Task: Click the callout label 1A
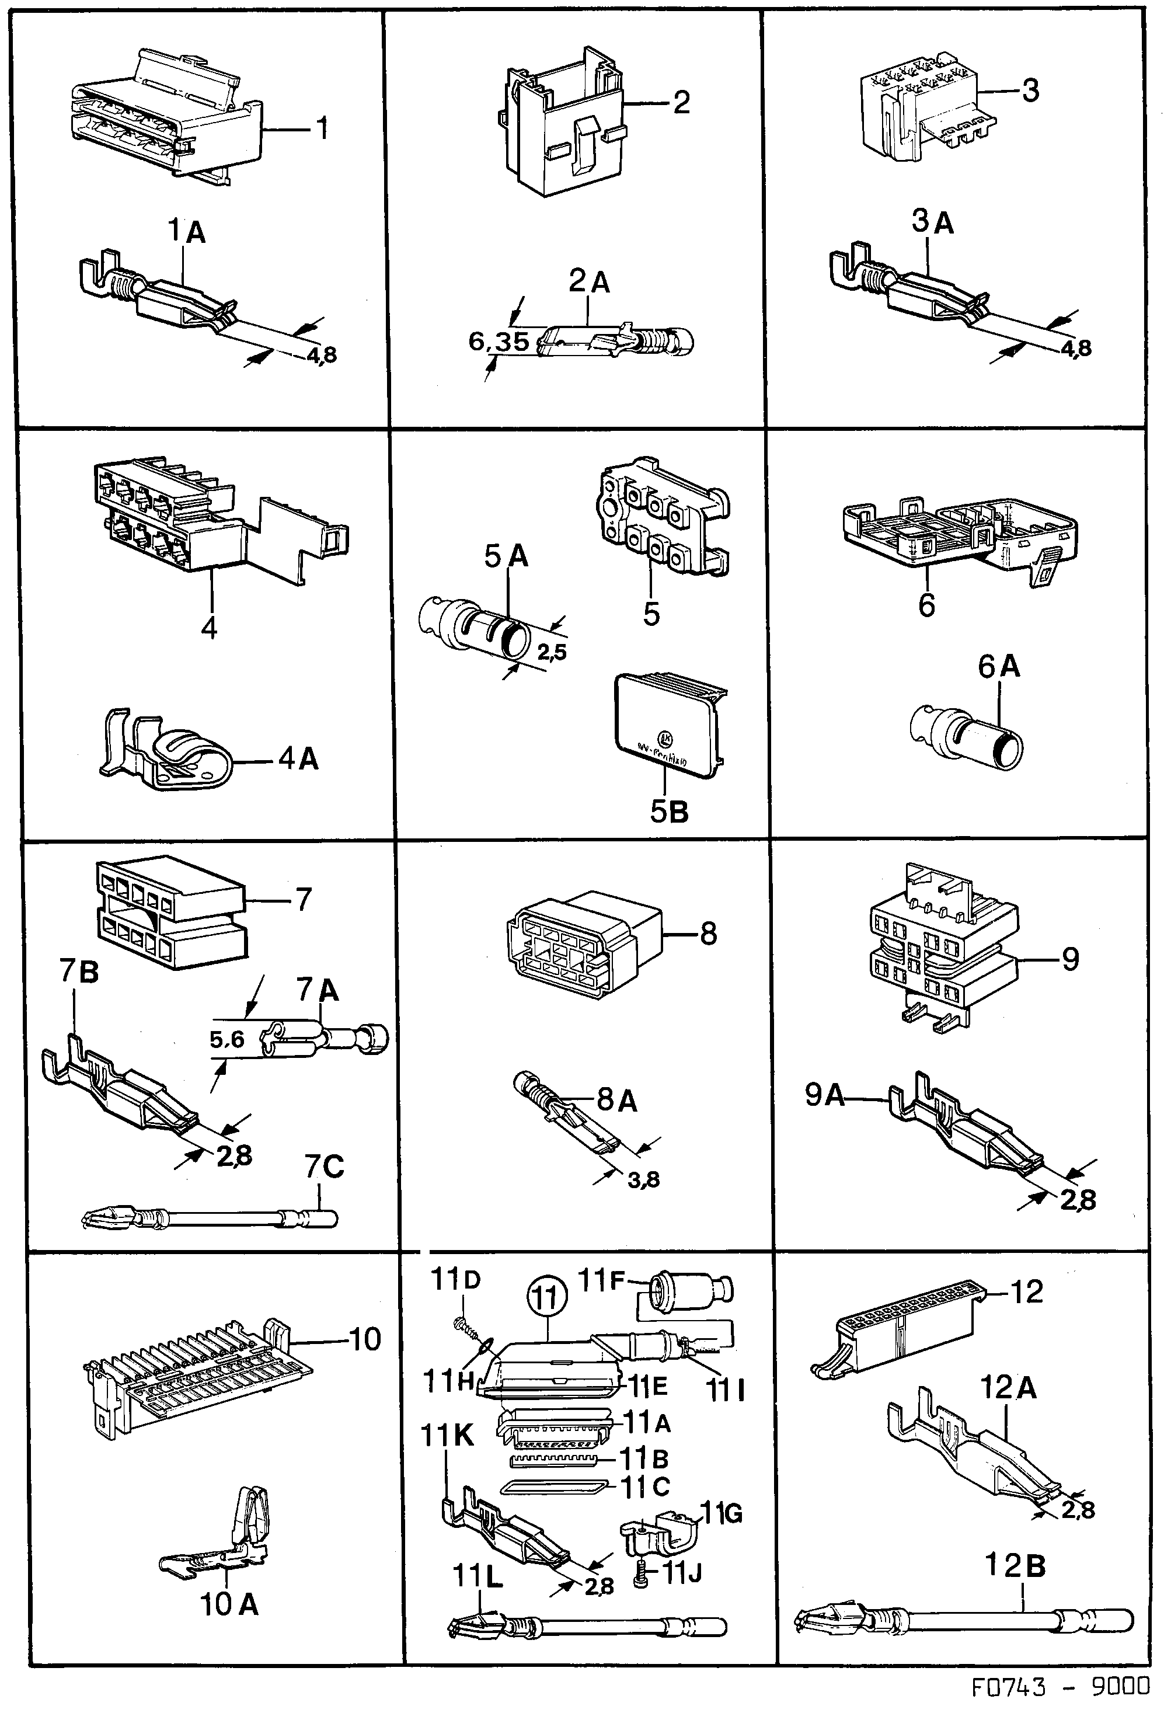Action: pos(186,232)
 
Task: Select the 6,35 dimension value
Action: pos(500,342)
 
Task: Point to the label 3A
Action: pos(932,222)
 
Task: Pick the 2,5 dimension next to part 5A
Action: pos(552,652)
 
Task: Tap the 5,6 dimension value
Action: pos(227,1039)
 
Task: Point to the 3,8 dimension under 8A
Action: pos(643,1180)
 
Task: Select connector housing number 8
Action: pos(583,943)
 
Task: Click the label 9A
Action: pos(825,1095)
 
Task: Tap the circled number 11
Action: pos(546,1298)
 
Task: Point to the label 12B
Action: pos(1016,1566)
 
